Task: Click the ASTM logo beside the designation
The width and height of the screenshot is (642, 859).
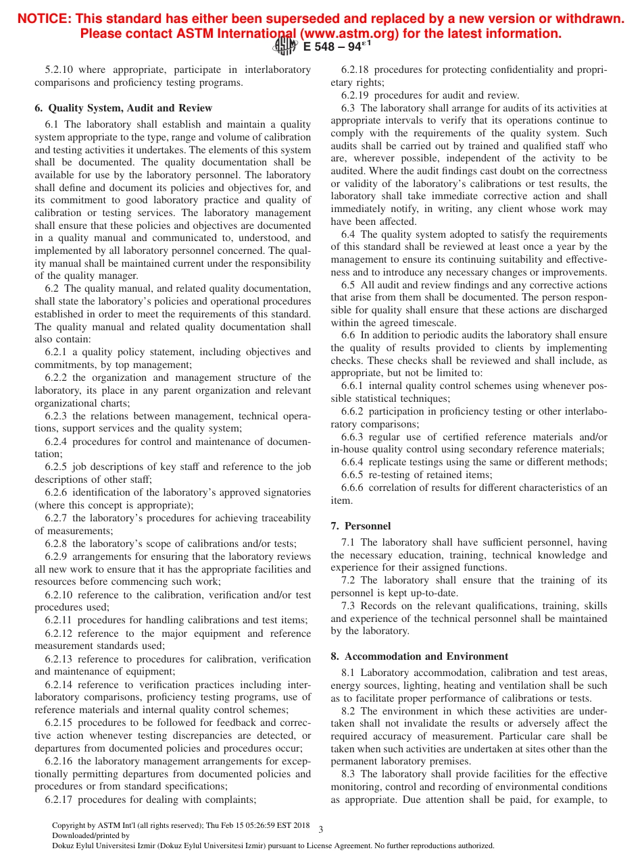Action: (285, 46)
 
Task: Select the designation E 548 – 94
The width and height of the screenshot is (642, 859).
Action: (337, 47)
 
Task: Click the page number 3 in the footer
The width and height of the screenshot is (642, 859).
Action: (321, 829)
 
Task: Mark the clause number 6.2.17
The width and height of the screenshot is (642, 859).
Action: (59, 800)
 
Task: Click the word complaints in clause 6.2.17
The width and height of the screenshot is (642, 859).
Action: (231, 800)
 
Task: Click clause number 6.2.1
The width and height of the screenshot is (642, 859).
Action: (56, 352)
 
